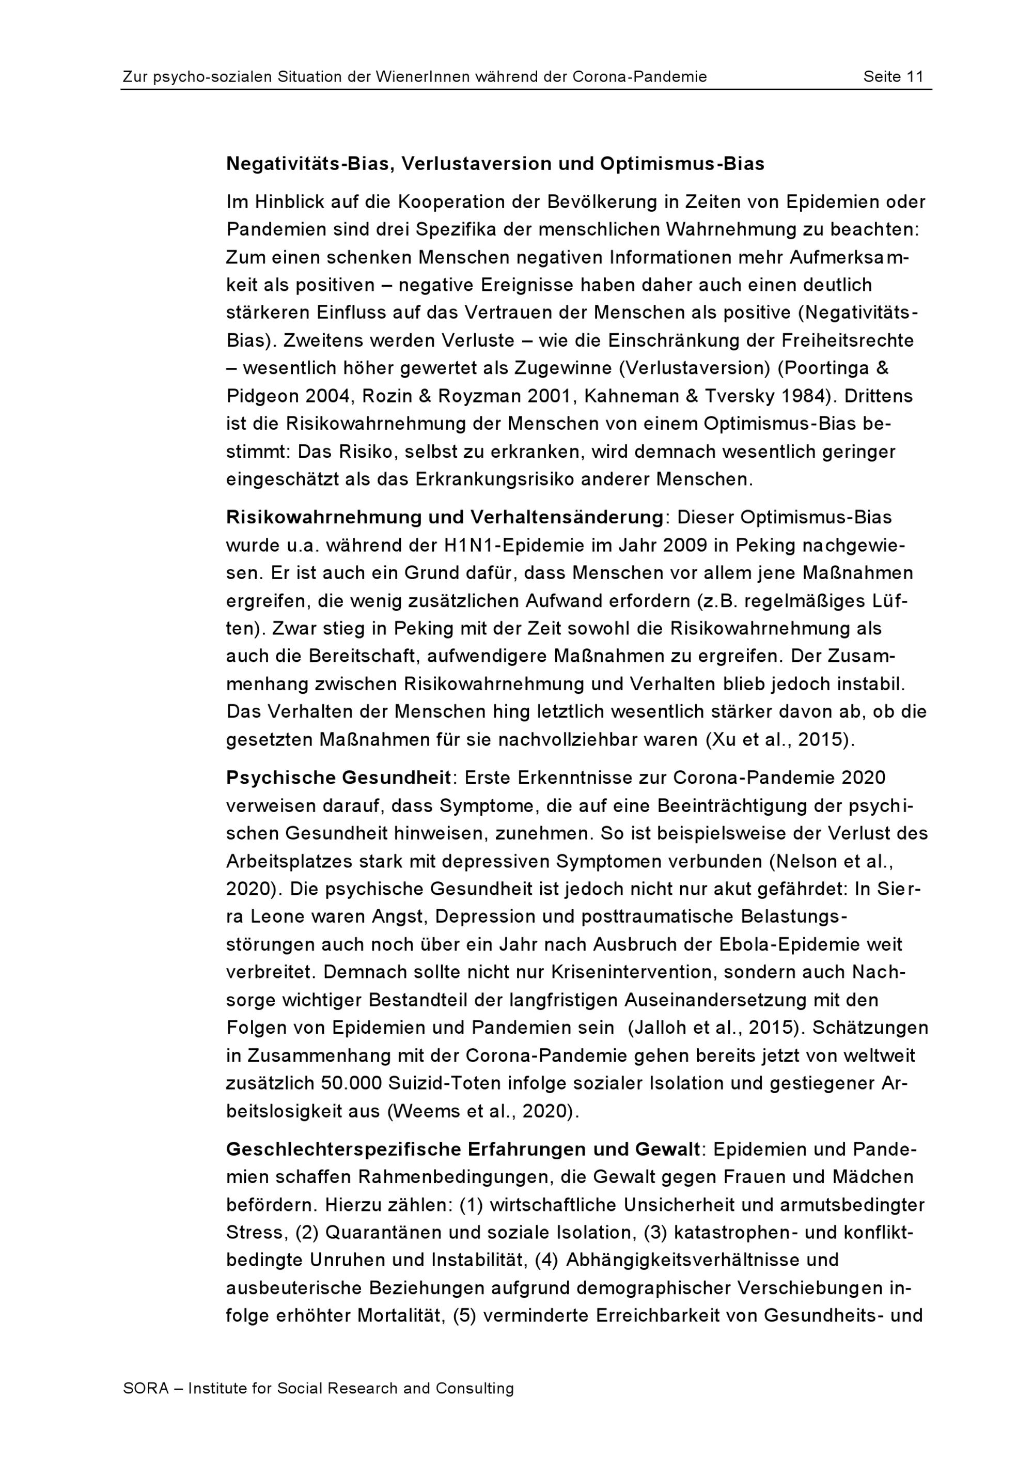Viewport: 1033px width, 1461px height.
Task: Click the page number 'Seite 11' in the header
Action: (893, 77)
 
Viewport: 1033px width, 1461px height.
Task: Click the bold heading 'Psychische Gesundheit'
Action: (338, 778)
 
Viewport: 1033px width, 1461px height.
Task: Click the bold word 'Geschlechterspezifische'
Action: (343, 1150)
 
